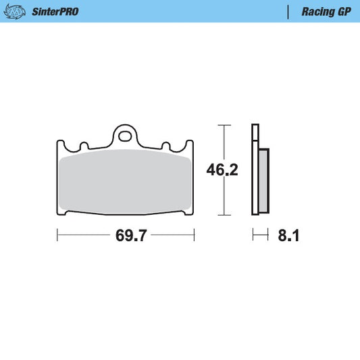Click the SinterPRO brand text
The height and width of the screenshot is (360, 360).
55,11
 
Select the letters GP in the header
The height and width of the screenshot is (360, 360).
343,11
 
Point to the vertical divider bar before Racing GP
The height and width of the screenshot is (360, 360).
288,11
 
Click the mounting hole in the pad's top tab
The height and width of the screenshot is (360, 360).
126,135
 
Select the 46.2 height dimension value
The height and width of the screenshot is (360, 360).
222,170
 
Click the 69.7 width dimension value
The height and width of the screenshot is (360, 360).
131,236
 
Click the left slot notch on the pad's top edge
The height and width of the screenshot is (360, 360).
84,145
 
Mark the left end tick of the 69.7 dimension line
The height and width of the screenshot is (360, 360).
57,235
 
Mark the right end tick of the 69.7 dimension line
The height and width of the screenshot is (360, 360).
195,235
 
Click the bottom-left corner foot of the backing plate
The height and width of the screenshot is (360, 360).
67,214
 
